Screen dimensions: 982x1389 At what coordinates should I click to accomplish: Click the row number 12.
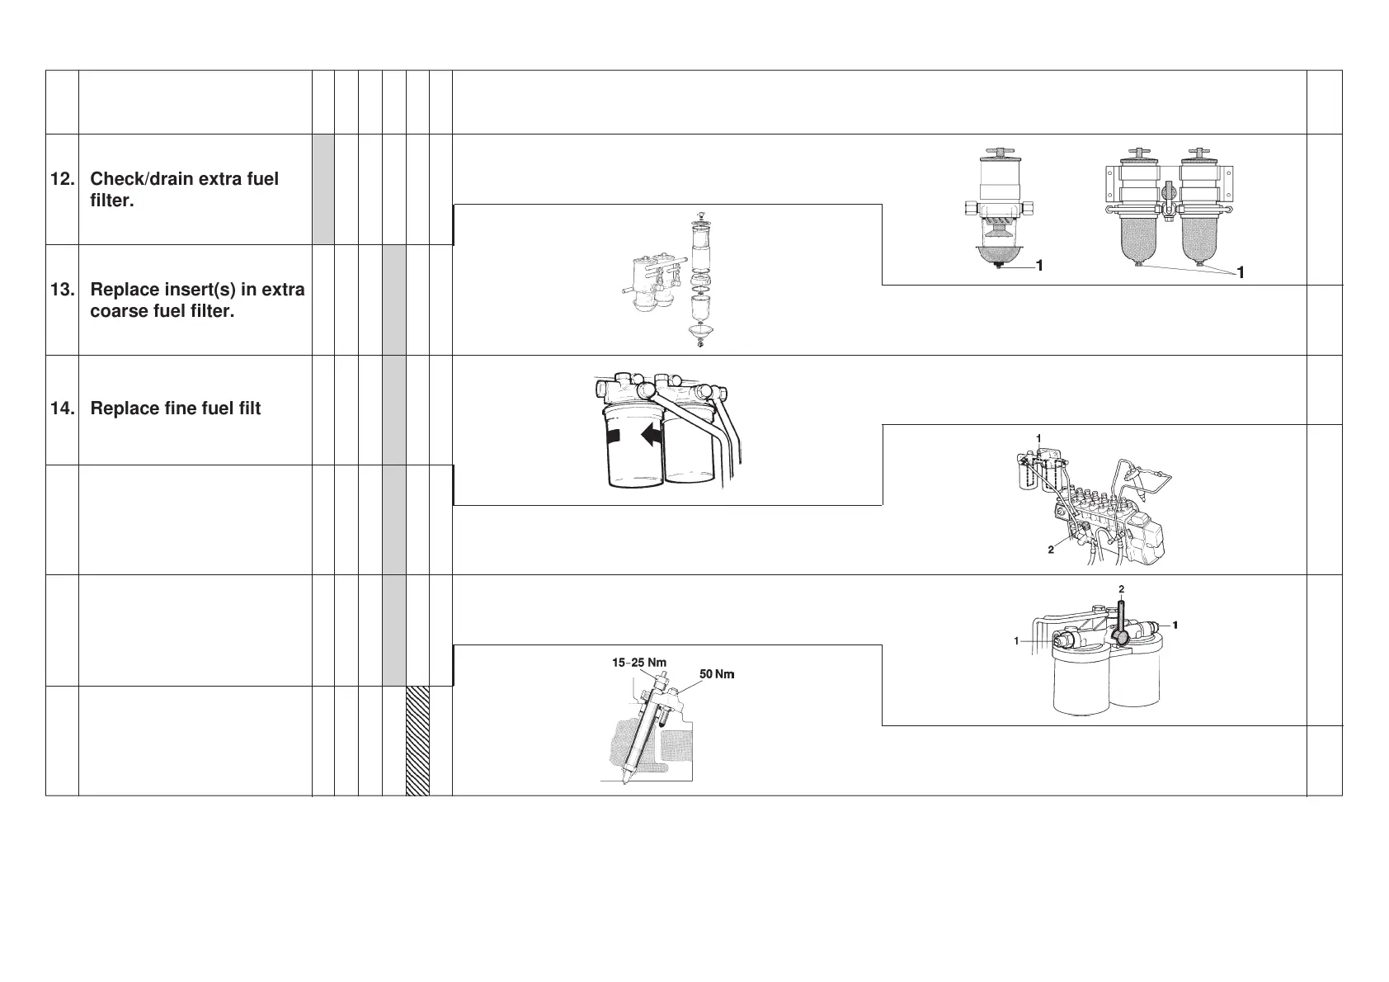(61, 179)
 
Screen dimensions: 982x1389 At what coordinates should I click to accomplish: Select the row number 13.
(61, 290)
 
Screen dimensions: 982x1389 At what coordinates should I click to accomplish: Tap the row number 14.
(61, 408)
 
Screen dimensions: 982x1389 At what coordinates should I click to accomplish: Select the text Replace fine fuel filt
(175, 408)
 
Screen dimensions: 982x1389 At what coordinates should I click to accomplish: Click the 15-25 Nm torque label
(638, 662)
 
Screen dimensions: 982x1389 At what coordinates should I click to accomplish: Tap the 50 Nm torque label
(716, 674)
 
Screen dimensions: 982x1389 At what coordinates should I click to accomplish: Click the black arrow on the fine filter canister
(652, 435)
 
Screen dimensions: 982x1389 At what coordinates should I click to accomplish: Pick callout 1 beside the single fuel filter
(1039, 266)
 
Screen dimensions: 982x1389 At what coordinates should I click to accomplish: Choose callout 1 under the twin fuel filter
(1240, 272)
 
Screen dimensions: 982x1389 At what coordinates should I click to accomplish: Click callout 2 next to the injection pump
(1051, 550)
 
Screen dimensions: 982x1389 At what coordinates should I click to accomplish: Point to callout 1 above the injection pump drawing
(1039, 437)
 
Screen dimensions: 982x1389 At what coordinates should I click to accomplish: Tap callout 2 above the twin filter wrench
(1122, 589)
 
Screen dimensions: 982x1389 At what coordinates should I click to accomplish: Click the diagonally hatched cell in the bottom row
(417, 740)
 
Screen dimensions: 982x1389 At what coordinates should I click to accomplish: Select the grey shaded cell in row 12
(323, 189)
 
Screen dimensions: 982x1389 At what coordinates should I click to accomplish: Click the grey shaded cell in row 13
(394, 300)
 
